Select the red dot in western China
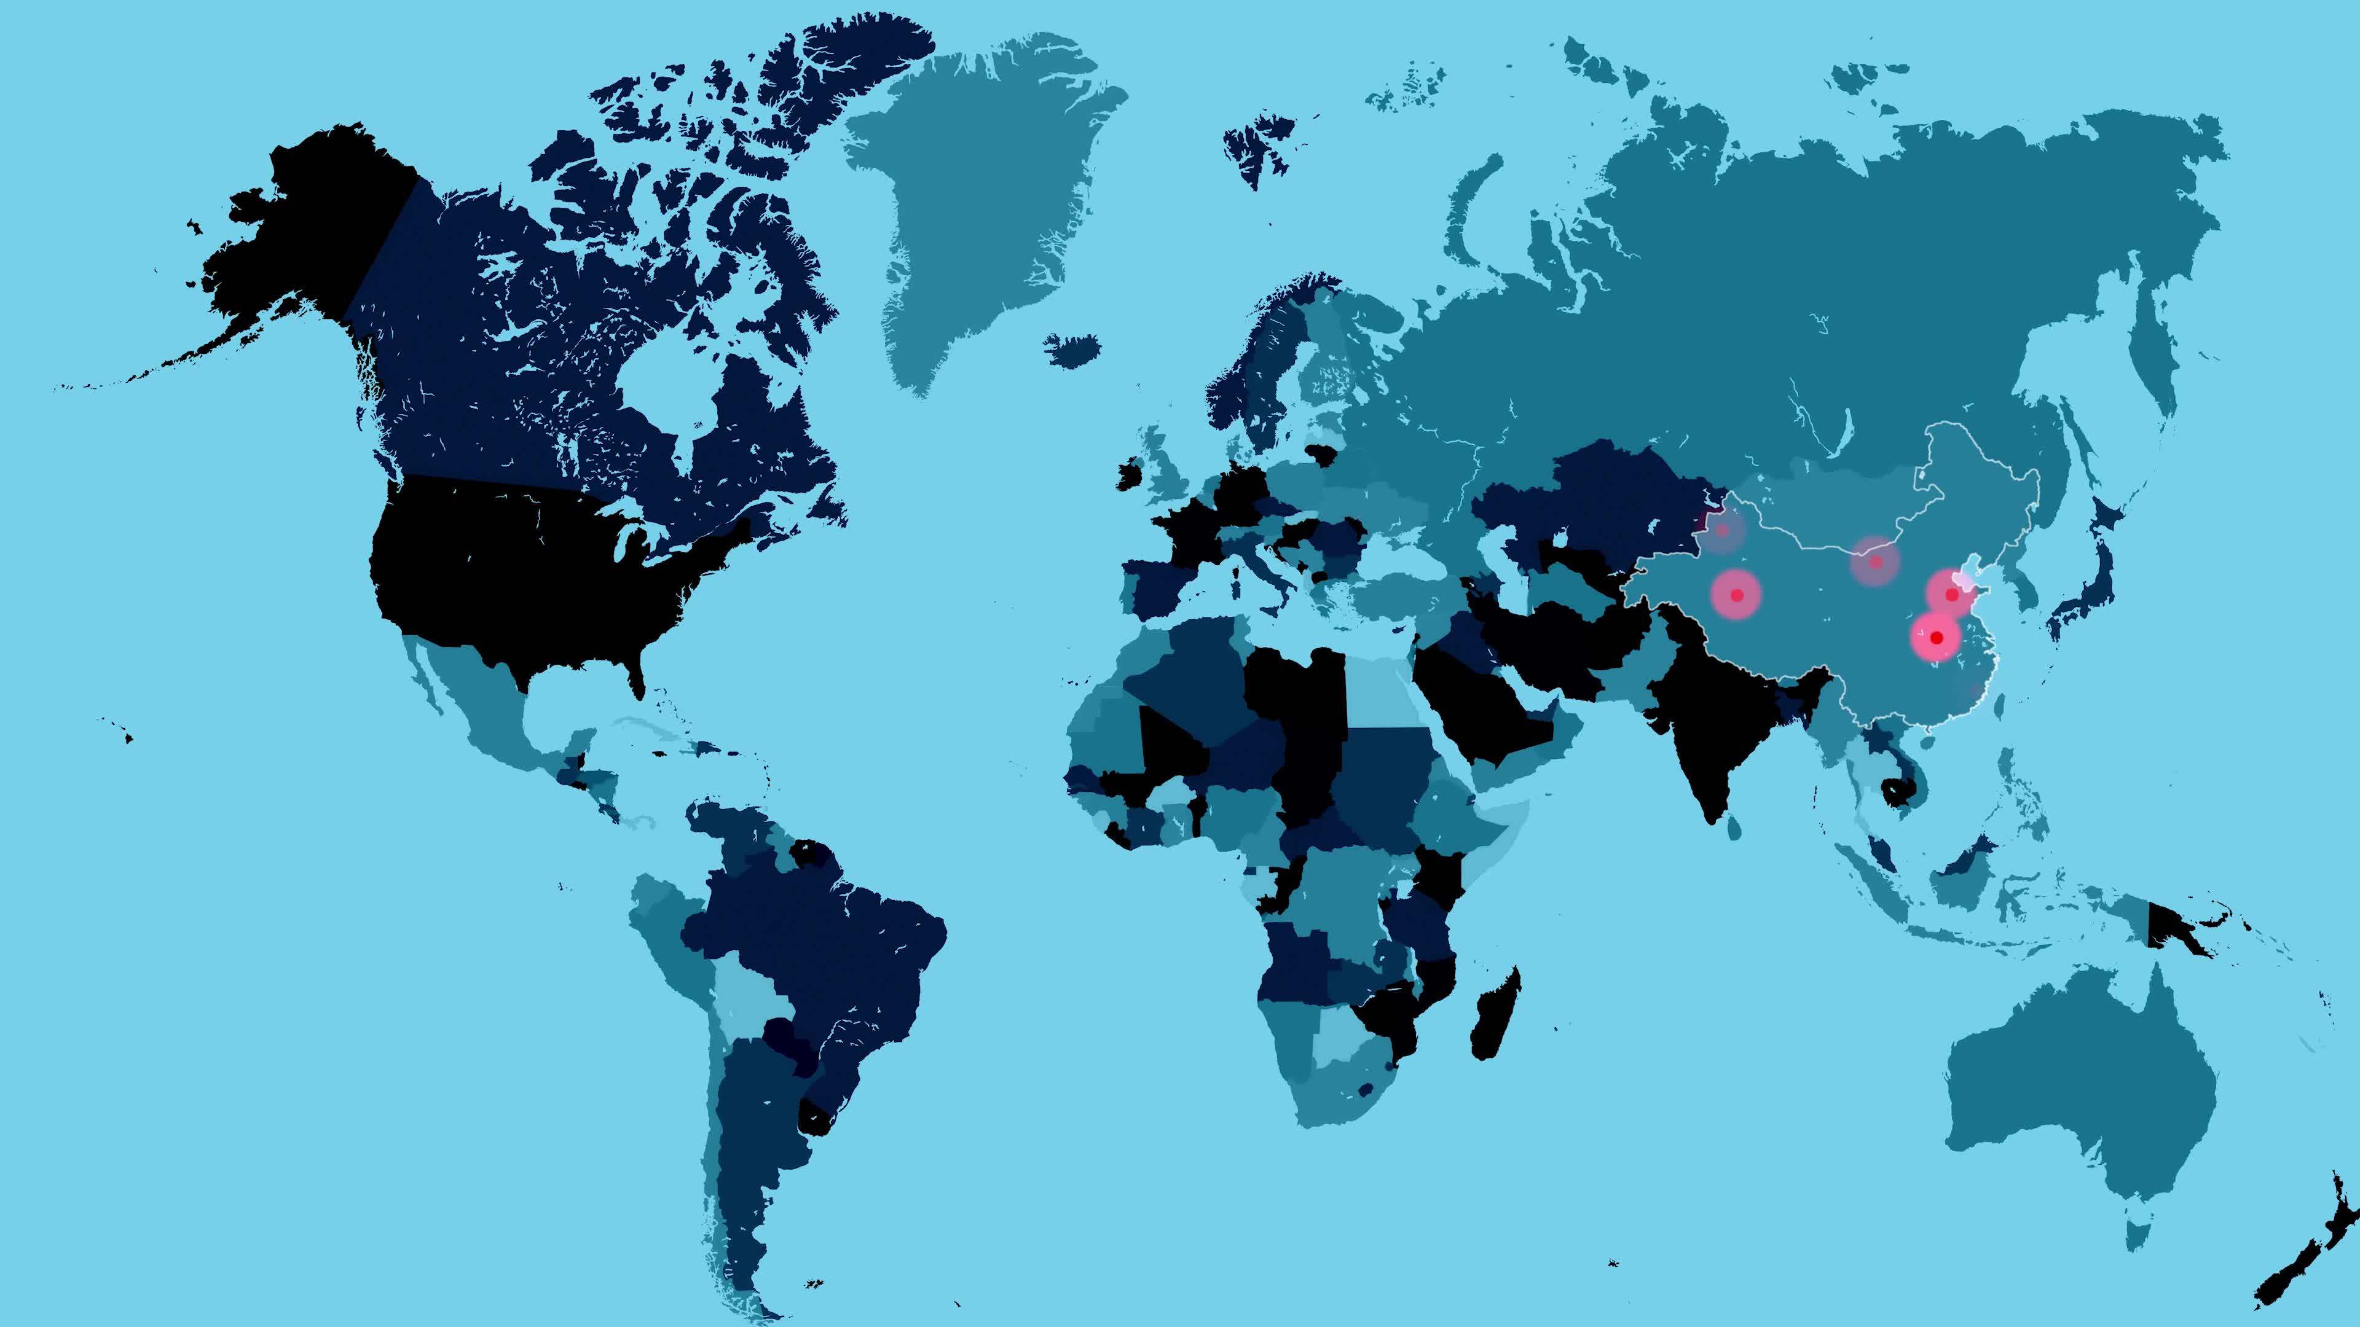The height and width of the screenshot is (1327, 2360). coord(1736,595)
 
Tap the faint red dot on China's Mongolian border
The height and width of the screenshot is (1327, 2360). coord(1874,562)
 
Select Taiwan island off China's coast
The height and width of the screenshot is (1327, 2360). coord(2000,705)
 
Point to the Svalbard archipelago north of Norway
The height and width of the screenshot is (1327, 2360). coord(1260,151)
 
